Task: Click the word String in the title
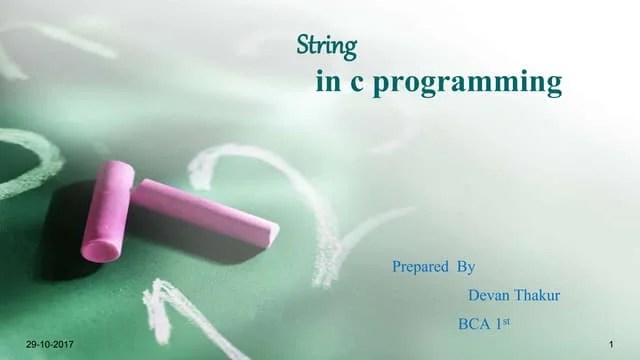(x=328, y=46)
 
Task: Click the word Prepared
(x=420, y=267)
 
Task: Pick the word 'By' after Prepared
(x=465, y=267)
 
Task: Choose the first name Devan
(x=489, y=296)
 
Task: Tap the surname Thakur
(x=539, y=296)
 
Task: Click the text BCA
(x=475, y=324)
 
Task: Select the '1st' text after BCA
(x=505, y=323)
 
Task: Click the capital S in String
(x=304, y=46)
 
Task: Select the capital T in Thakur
(x=520, y=296)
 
